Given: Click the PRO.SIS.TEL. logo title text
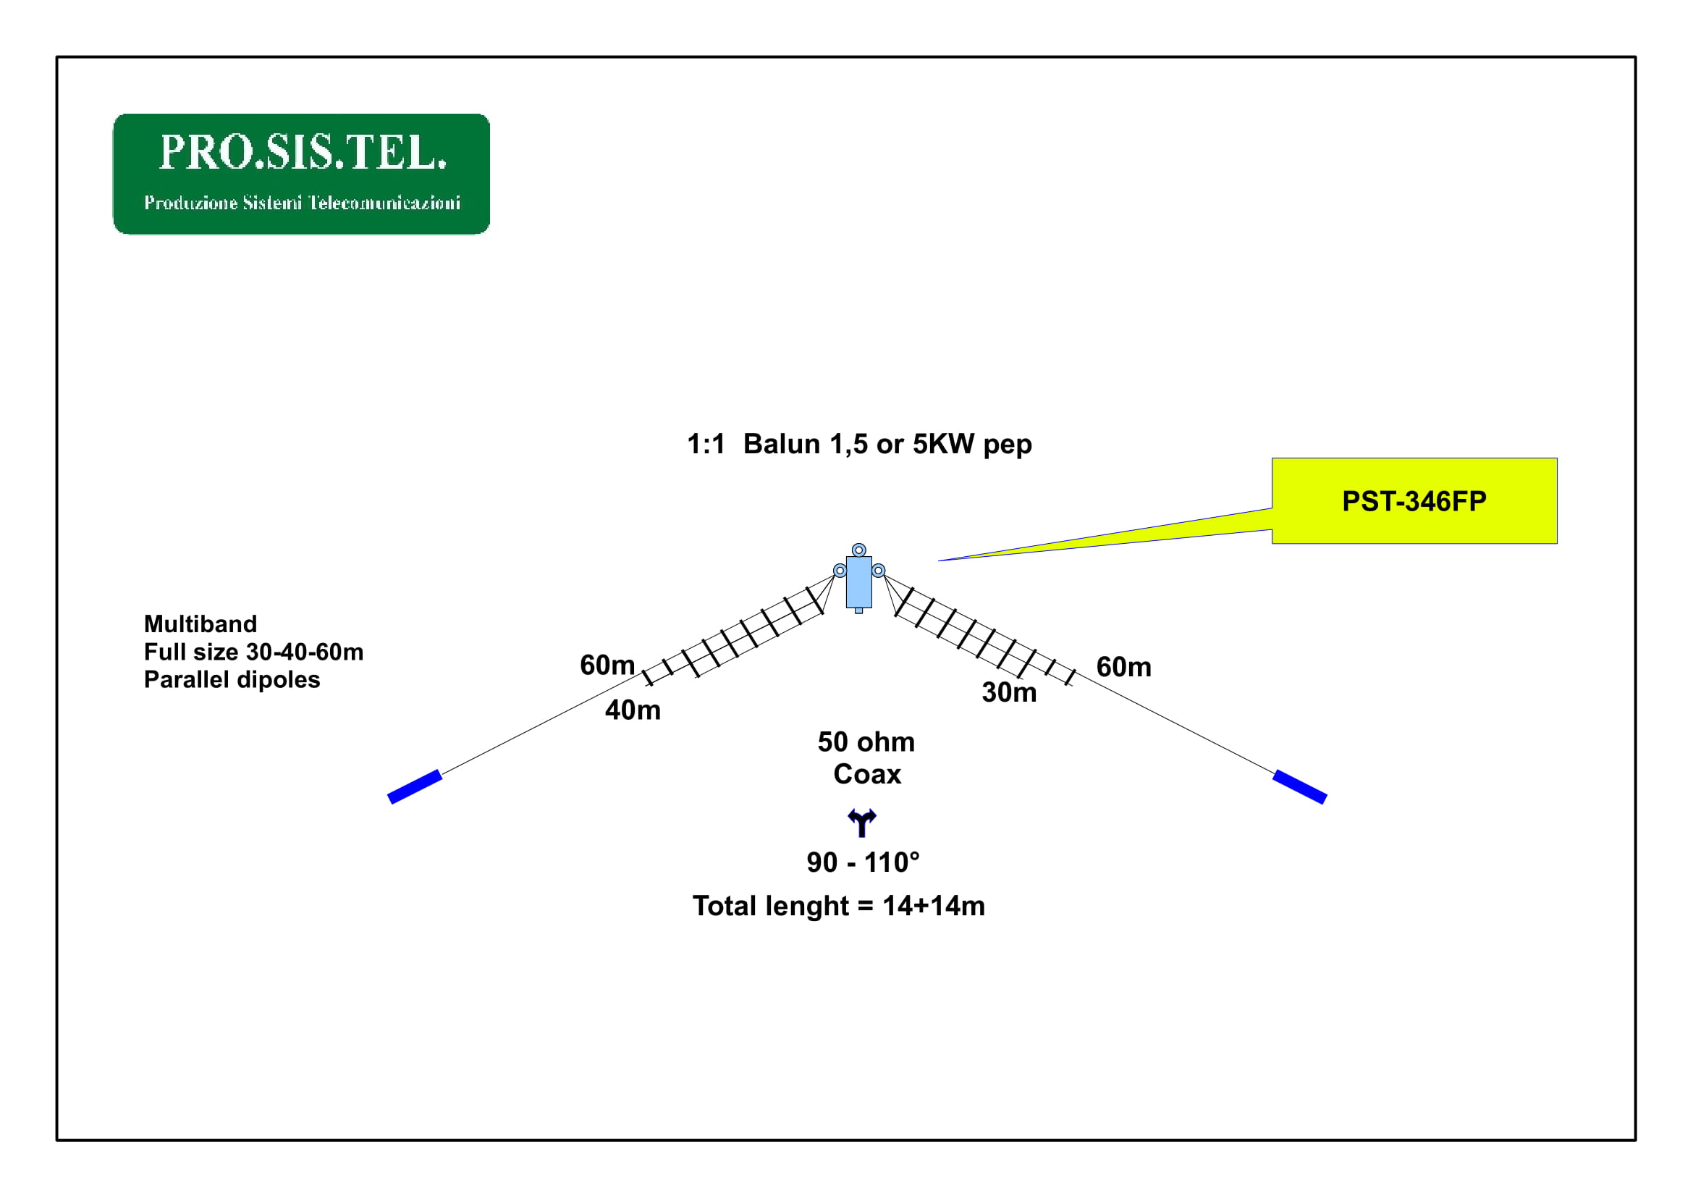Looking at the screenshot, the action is [x=303, y=152].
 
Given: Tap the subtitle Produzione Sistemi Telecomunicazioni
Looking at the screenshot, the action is [x=303, y=202].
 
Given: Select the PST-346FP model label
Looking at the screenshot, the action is [x=1414, y=502].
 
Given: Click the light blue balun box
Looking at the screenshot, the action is [x=858, y=582].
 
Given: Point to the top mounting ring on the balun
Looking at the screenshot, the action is [x=858, y=550].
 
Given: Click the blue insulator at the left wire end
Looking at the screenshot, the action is [x=415, y=787].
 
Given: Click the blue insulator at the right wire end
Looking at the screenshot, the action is [x=1300, y=787].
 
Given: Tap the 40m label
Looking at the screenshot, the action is [x=633, y=710].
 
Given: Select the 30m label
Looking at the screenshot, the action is [x=1009, y=692].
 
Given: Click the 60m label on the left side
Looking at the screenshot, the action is [x=607, y=665].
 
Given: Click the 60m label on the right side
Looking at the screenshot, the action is [x=1124, y=667].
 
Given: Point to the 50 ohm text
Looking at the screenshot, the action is [x=866, y=742].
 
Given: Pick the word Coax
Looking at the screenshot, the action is [x=867, y=774].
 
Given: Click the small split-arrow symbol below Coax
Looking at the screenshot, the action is [x=861, y=823].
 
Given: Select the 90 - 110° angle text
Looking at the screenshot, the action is [x=863, y=862].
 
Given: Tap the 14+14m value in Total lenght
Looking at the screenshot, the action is [x=934, y=906].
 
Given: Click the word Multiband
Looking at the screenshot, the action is [x=200, y=624].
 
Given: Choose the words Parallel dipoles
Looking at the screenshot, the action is [x=232, y=679].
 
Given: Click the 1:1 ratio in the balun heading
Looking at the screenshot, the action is [x=706, y=444].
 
